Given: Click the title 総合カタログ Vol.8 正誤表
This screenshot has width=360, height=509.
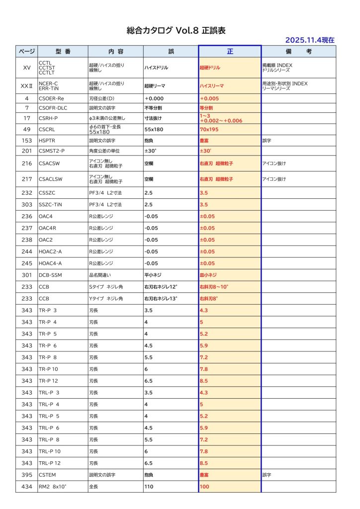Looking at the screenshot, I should pos(176,30).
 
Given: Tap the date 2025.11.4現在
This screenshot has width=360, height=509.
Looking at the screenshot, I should pos(309,40).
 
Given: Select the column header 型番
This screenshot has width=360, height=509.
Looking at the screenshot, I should pos(63,52).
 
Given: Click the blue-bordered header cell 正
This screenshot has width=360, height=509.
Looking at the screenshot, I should pos(230,52).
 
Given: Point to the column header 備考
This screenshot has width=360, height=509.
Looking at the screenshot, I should pos(298,52).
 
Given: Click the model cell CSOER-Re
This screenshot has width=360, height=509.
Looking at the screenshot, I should pos(51,98).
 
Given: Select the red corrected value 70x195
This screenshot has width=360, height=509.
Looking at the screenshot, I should pos(209,129).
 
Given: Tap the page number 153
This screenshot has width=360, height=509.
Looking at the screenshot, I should pos(27,141).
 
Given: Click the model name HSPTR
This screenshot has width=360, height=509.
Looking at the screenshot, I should pos(47,141).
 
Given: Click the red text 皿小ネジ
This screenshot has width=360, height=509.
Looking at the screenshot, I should pos(208,275).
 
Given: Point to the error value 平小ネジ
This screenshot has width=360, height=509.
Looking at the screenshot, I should pos(153,275).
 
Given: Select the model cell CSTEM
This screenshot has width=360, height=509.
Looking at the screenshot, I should pos(48,475).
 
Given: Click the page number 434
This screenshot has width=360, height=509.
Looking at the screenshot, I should pos(27,487).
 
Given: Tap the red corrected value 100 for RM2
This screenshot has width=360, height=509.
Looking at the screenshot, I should pos(204,487).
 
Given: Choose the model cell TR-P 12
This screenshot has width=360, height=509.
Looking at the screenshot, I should pos(48,381).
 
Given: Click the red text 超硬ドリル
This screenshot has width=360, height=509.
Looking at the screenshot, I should pos(209,67).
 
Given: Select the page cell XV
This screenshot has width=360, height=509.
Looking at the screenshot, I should pos(27,67).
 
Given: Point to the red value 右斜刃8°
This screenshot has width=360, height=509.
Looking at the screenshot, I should pos(209,299).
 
